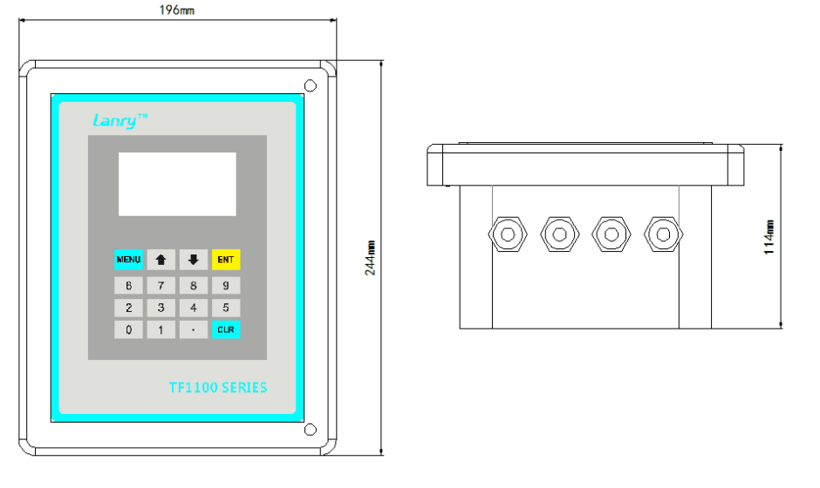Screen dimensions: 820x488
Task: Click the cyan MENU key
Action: click(x=128, y=260)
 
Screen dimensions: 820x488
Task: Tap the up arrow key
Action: click(x=161, y=260)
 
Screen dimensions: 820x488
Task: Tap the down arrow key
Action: click(x=194, y=260)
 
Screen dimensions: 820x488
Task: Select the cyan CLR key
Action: click(x=226, y=329)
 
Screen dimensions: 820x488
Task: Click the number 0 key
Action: click(x=128, y=329)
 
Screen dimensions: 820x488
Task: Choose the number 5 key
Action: click(x=226, y=308)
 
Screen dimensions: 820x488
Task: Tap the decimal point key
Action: click(x=194, y=329)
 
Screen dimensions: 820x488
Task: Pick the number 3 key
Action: click(x=161, y=308)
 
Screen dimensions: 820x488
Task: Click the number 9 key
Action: click(x=226, y=285)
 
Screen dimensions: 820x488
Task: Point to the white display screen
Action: click(x=177, y=184)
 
